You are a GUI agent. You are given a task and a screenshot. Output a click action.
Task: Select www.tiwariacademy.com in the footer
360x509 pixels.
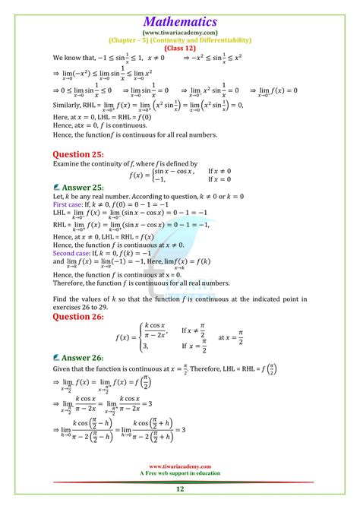[180, 466]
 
